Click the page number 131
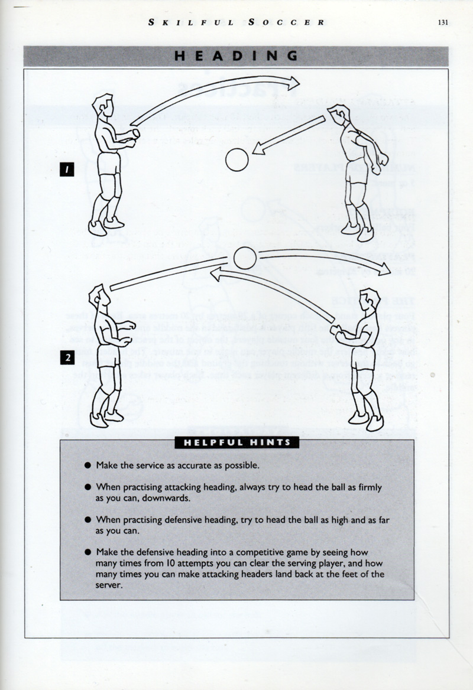click(x=444, y=23)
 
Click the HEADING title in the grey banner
click(x=236, y=56)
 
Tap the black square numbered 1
click(x=69, y=170)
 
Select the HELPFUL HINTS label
click(x=237, y=442)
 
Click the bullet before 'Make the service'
click(x=87, y=466)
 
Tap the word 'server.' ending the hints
click(x=109, y=585)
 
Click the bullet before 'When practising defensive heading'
click(x=87, y=520)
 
